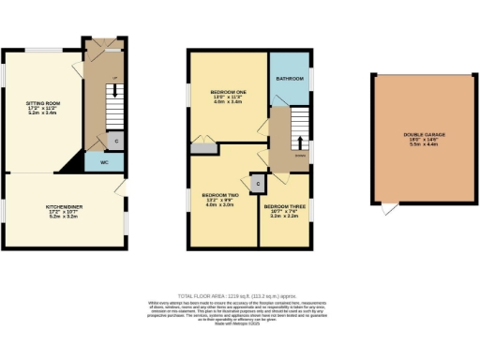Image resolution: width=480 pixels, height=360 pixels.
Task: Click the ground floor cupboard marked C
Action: click(114, 141)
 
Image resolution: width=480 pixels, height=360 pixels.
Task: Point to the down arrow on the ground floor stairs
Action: click(114, 92)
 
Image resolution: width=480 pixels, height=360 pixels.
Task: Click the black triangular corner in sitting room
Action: click(72, 165)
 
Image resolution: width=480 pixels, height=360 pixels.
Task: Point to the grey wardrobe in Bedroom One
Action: click(202, 148)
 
